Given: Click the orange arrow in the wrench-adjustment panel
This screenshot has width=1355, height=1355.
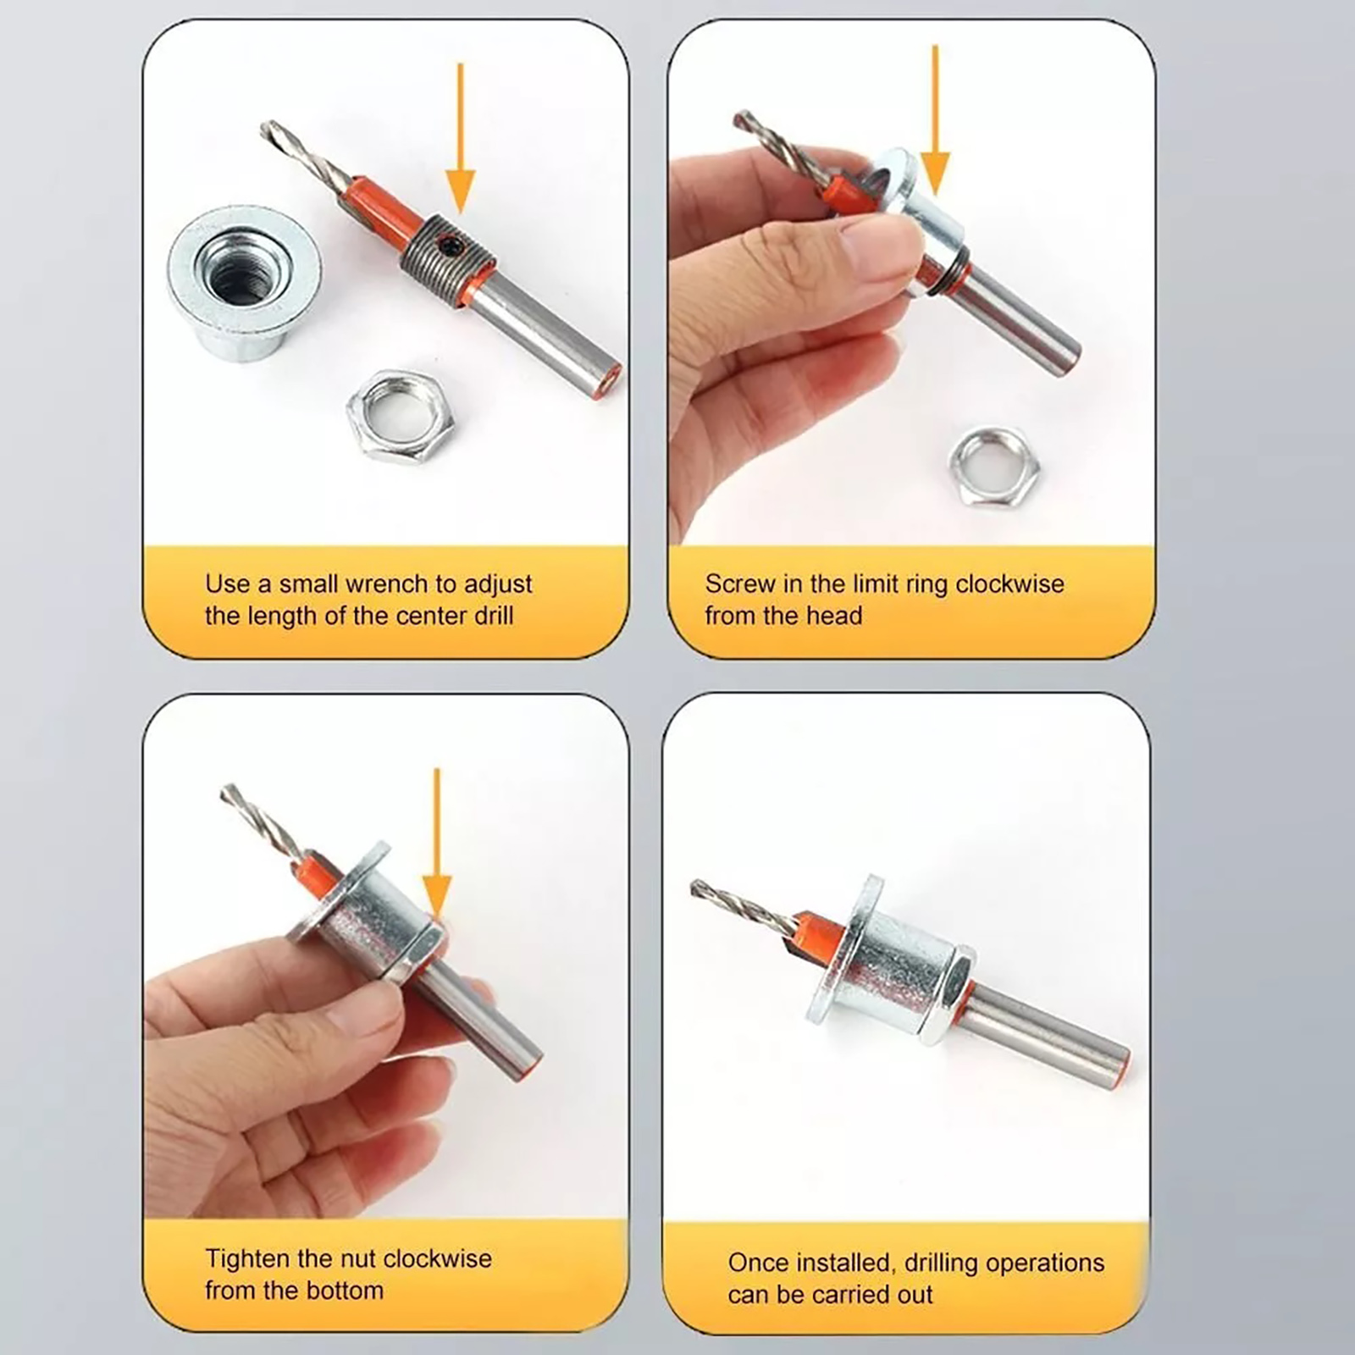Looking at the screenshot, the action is point(460,135).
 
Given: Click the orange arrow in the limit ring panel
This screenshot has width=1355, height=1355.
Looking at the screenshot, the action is point(935,119).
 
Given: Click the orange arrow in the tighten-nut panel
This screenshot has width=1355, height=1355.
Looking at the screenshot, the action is point(437,843).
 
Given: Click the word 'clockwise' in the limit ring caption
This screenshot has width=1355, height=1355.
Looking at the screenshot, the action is point(1009,583).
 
